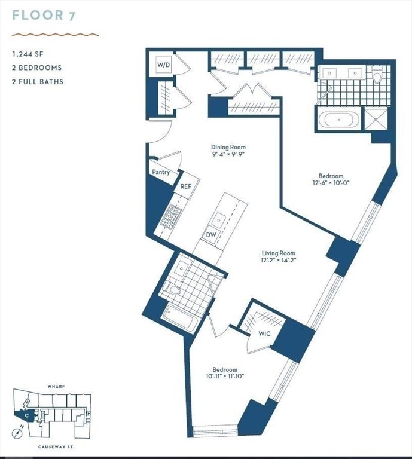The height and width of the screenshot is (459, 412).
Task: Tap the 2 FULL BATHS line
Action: pos(38,81)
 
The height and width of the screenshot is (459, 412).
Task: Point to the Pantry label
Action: pos(160,172)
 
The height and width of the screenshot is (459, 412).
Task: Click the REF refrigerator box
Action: pos(186,186)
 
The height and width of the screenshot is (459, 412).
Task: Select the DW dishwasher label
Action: pos(211,235)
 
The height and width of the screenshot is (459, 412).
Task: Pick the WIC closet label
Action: pos(264,333)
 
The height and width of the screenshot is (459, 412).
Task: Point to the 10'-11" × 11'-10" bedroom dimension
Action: pos(225,377)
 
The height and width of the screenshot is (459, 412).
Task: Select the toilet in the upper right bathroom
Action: pos(377,76)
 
